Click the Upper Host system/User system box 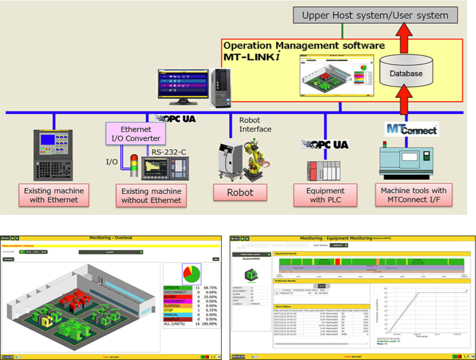[375, 16]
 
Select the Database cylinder [406, 73]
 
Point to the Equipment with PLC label [325, 195]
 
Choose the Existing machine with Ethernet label [54, 195]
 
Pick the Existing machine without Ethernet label [151, 196]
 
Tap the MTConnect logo [412, 129]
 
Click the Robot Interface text [255, 124]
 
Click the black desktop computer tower [220, 88]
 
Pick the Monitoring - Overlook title [111, 238]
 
